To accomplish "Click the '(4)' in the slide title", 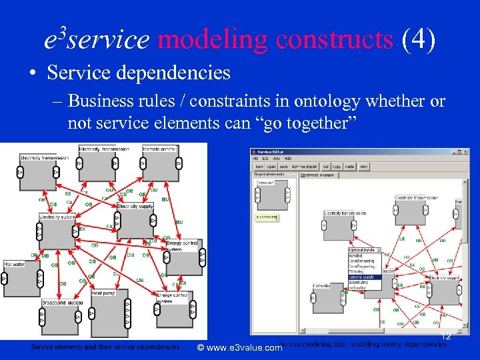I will pos(418,40).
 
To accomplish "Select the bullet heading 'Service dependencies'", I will pos(138,72).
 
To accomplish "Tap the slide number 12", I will pos(446,337).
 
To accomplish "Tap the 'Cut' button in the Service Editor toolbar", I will pos(326,167).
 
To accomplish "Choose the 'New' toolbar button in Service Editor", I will pos(259,167).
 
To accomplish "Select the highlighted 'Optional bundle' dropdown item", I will pos(364,277).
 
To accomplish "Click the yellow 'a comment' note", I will pos(266,217).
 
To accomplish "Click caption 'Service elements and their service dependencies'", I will pos(105,347).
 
